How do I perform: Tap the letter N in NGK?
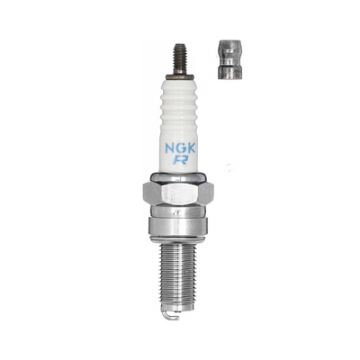pyautogui.click(x=170, y=148)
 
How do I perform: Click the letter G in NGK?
pyautogui.click(x=182, y=148)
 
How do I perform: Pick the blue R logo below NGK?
pyautogui.click(x=177, y=160)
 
